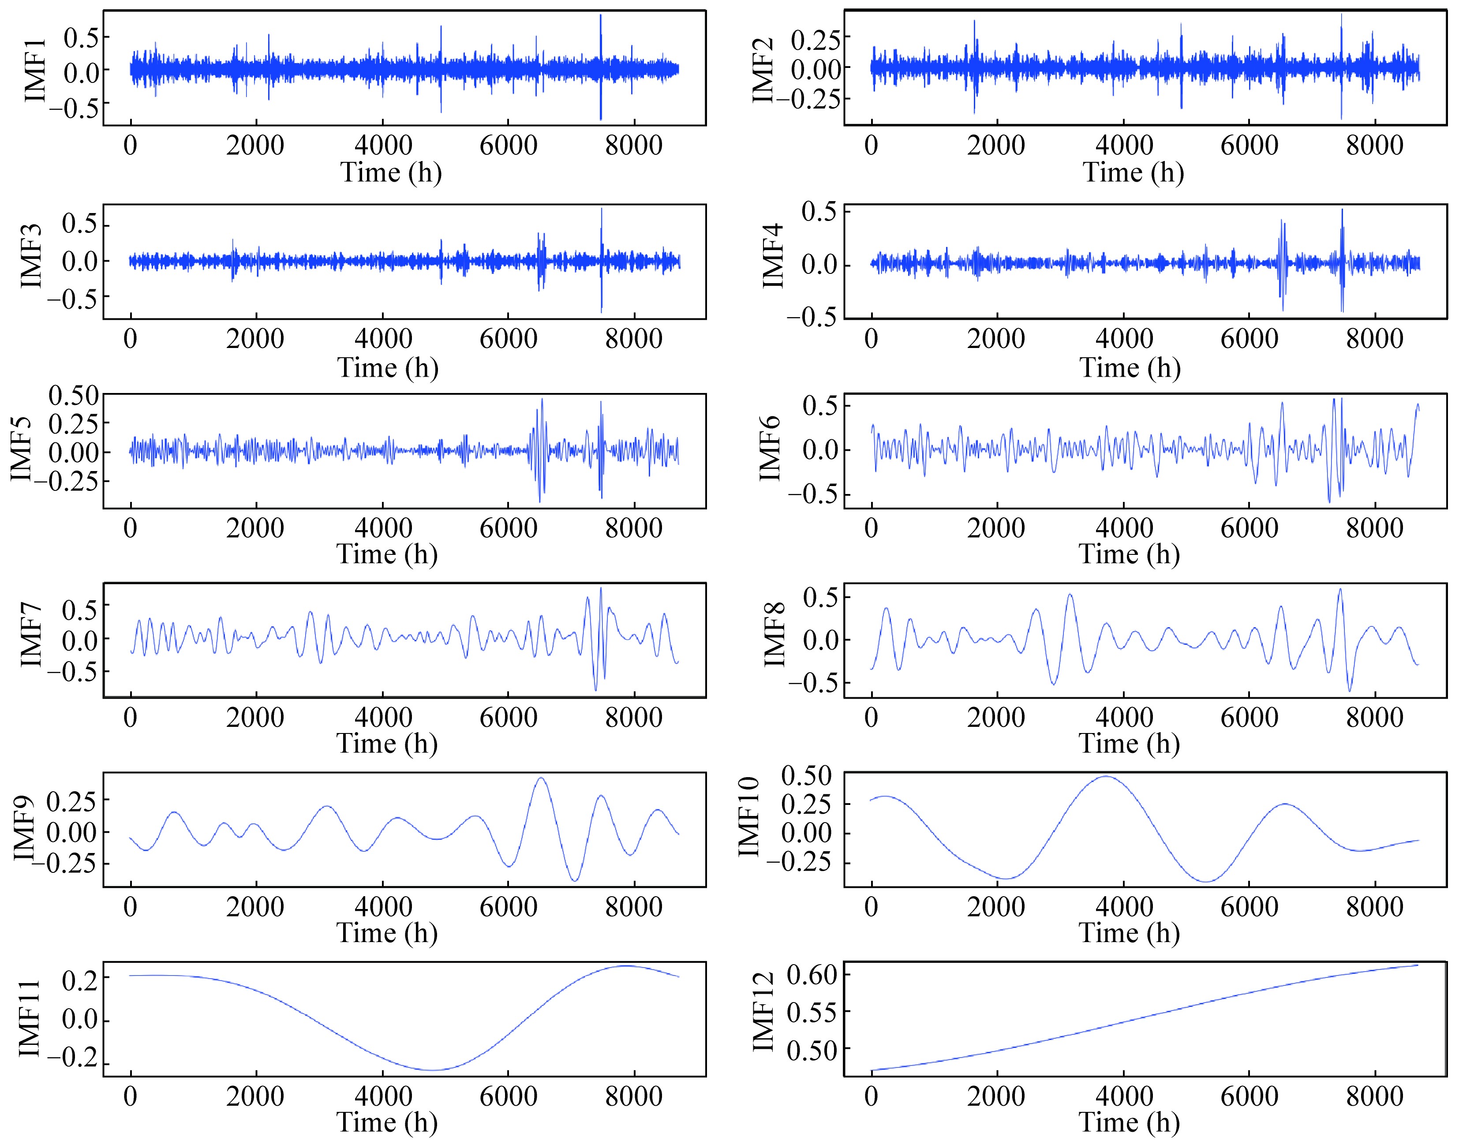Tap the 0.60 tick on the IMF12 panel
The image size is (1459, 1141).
812,975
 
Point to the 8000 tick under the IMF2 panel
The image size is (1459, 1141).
1375,145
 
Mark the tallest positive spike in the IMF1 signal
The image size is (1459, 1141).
601,16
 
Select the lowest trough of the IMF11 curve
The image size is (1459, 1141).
432,1070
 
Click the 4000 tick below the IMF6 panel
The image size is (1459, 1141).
1124,528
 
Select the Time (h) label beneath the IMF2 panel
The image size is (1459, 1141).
1133,172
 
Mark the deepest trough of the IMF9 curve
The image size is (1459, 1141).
575,880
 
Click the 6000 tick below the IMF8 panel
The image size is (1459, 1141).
1249,718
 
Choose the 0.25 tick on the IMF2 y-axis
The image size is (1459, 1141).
816,39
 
